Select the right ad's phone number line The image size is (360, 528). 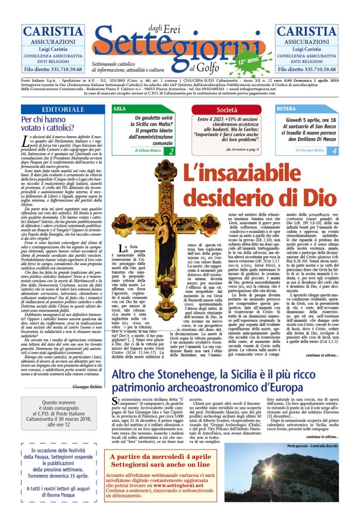coord(308,69)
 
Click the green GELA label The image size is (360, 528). coord(120,109)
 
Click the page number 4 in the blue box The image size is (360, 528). coord(334,151)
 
